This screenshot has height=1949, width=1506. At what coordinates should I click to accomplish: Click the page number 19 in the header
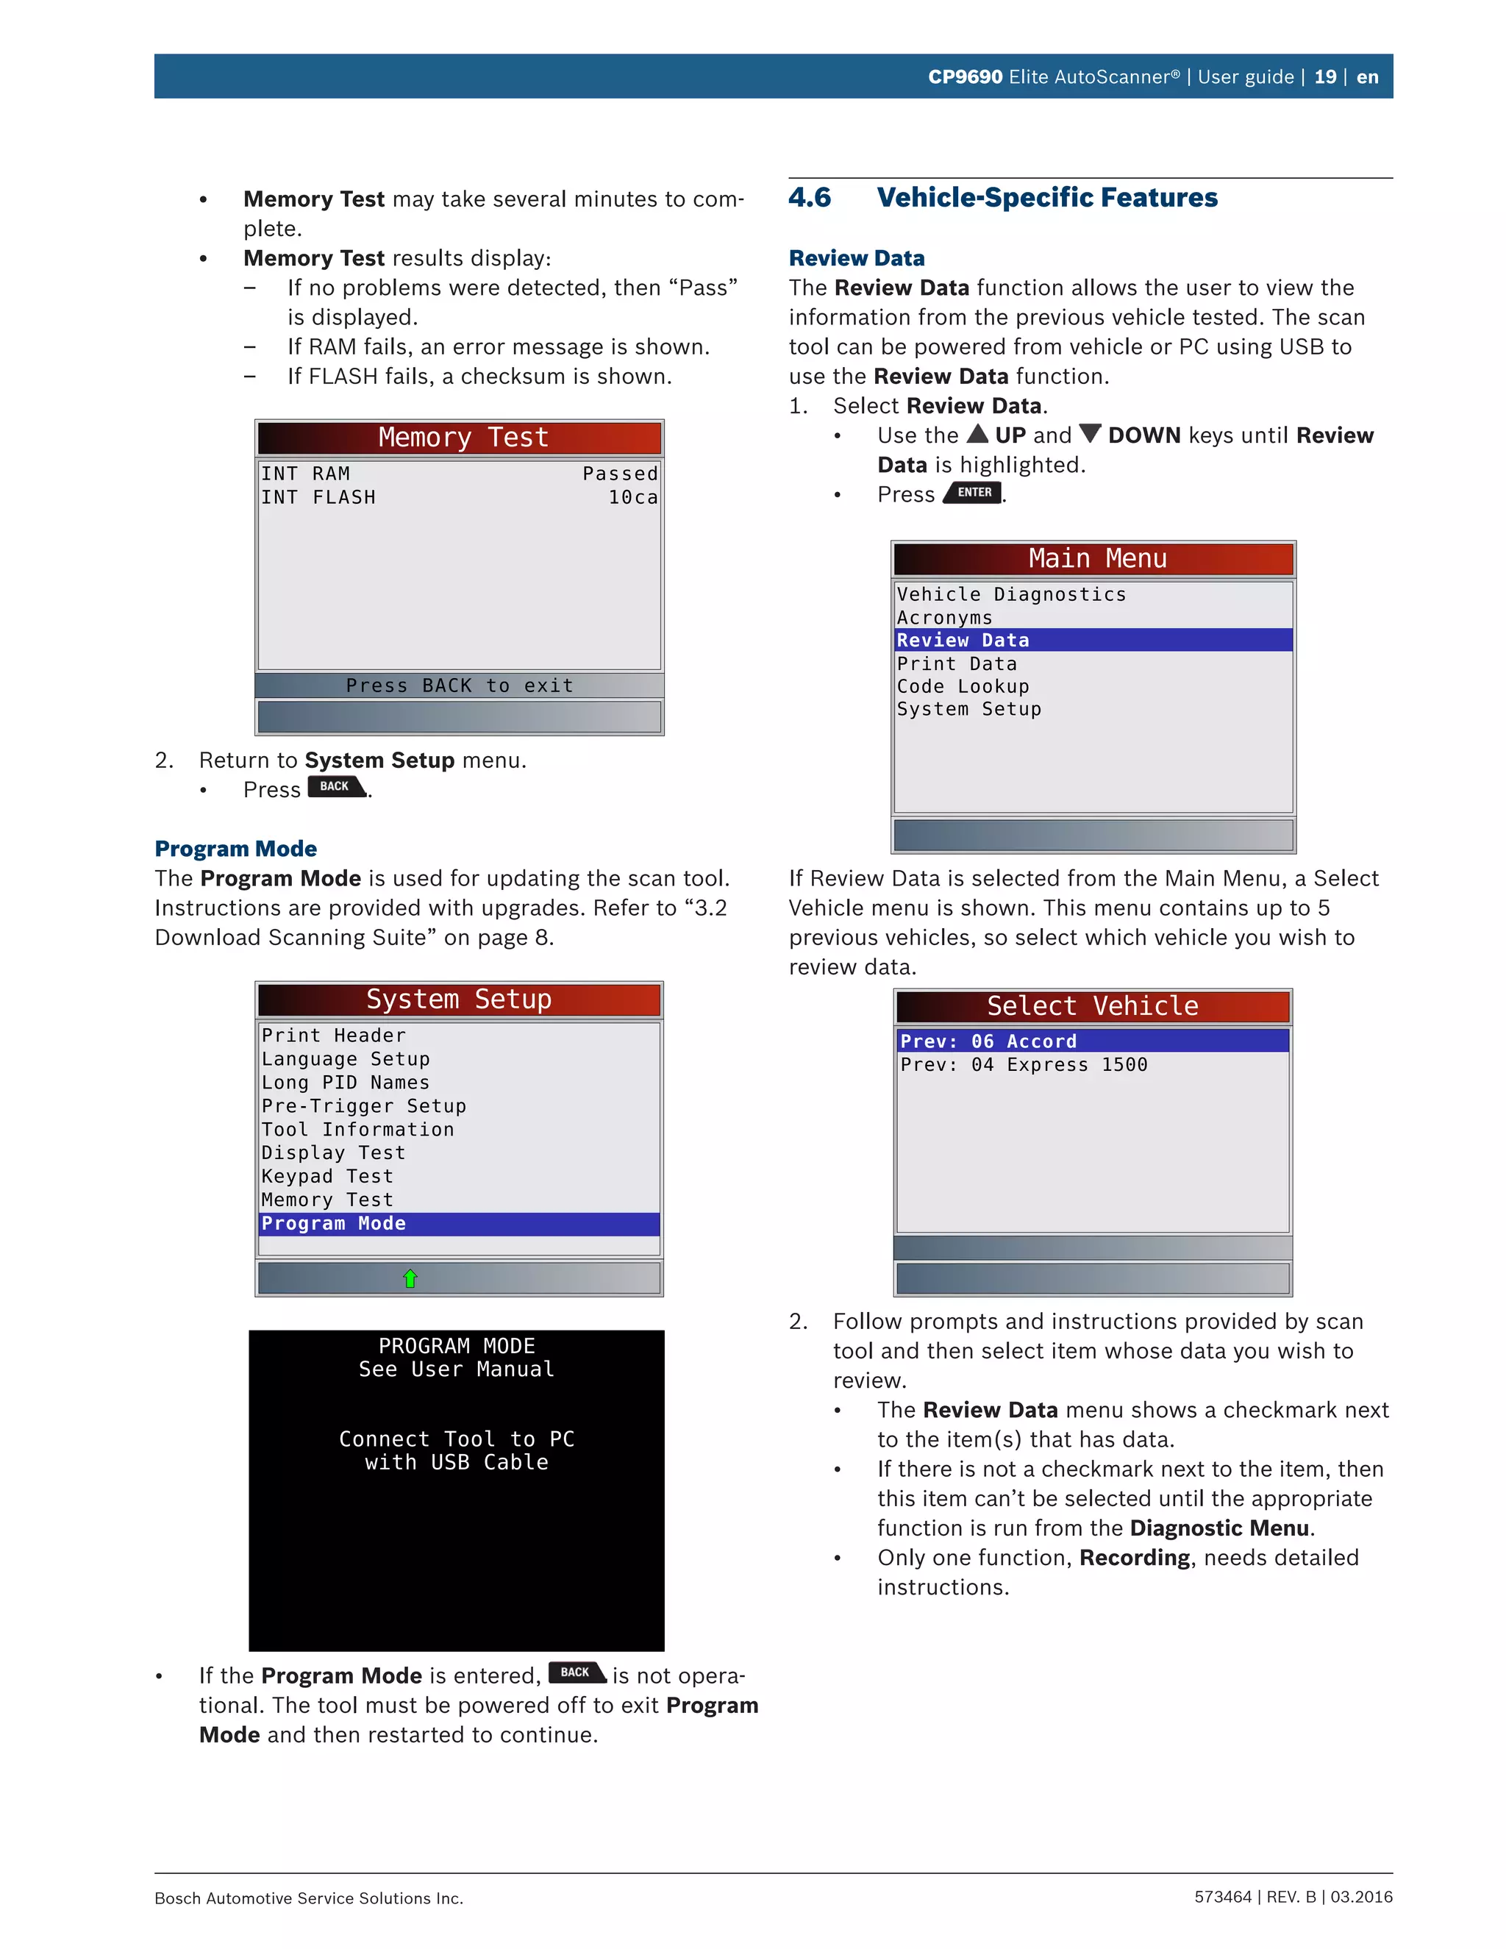(1325, 76)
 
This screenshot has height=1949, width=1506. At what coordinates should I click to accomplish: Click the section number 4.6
(809, 197)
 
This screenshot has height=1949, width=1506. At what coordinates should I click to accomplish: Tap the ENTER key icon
(974, 493)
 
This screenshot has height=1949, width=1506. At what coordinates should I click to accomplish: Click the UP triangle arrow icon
(978, 434)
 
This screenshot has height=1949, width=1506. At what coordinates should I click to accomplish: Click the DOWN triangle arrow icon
(1091, 434)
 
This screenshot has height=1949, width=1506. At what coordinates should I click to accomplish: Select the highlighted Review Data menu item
(963, 640)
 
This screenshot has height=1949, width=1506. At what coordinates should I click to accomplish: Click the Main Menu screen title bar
(1093, 559)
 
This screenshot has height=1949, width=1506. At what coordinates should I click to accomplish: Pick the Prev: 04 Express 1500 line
(1024, 1065)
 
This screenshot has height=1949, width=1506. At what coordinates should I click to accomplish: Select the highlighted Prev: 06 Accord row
(988, 1041)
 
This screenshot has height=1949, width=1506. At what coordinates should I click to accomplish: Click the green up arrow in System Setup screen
(410, 1279)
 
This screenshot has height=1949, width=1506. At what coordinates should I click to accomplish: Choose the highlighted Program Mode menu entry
(334, 1224)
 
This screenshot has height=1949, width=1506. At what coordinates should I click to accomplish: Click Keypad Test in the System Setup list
(327, 1176)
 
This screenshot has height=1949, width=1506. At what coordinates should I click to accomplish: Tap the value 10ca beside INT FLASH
(632, 497)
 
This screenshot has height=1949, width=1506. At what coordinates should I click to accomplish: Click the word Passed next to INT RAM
(620, 474)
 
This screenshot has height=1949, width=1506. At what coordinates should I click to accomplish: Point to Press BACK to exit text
(460, 685)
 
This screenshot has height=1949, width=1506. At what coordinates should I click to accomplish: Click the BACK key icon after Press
(336, 786)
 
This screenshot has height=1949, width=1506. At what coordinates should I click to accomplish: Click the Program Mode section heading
(235, 848)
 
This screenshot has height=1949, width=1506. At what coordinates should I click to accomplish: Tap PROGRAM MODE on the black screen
(457, 1346)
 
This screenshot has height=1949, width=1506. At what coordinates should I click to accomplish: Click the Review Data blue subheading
(857, 258)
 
